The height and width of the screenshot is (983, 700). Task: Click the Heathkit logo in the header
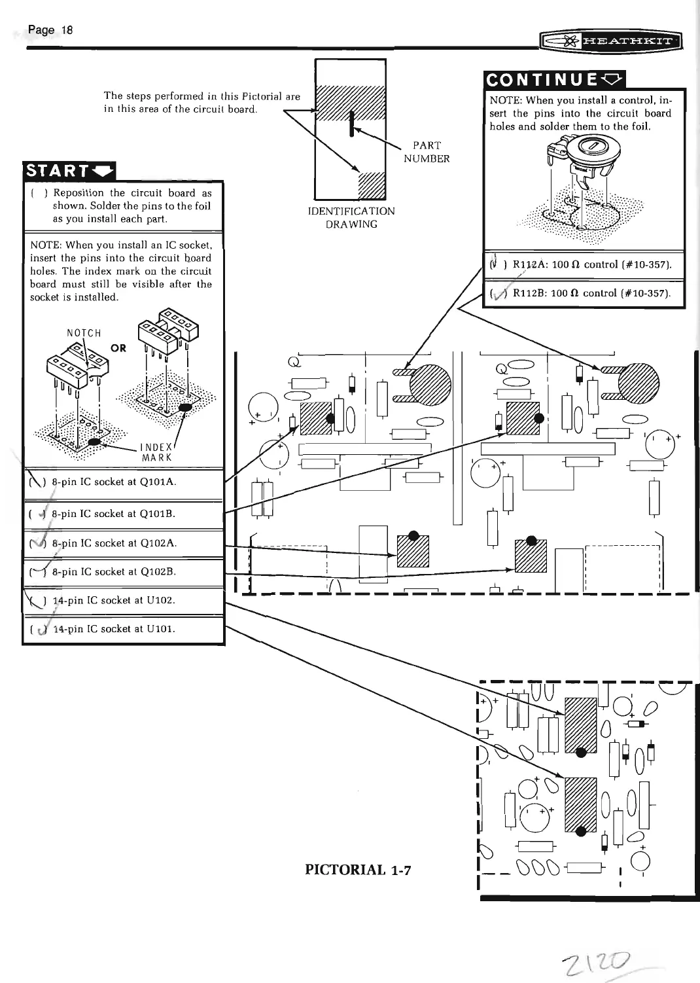[x=610, y=43]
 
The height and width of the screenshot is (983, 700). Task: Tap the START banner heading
[x=69, y=171]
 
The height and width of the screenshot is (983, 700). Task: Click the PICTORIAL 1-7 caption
[x=358, y=870]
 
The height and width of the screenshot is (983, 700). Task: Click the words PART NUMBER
[x=427, y=152]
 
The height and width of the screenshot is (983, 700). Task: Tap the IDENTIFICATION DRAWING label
[x=351, y=217]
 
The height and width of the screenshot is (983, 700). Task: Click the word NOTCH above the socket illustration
[x=84, y=333]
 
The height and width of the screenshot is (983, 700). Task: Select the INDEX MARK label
[x=156, y=452]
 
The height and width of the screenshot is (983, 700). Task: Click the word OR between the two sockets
[x=118, y=348]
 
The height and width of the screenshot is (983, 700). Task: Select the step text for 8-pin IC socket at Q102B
[x=114, y=572]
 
